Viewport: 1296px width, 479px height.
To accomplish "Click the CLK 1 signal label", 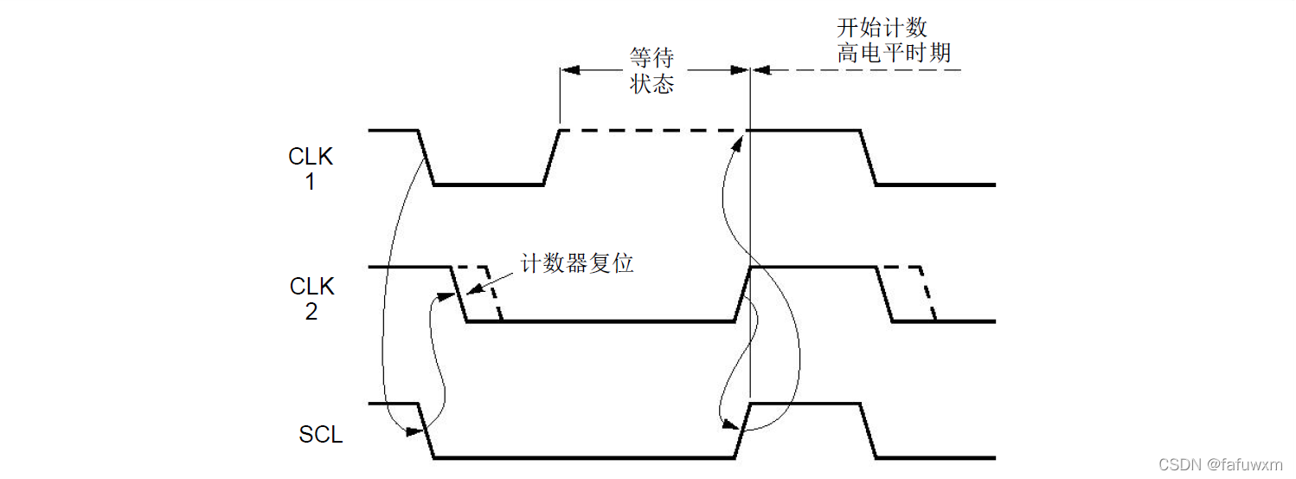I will [311, 170].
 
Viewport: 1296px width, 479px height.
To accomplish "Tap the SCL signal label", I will [321, 435].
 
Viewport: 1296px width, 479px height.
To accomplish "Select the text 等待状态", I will [651, 71].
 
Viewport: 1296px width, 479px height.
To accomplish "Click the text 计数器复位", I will [577, 263].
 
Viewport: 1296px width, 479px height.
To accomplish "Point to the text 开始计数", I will [882, 27].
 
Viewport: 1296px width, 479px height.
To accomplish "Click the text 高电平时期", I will [894, 53].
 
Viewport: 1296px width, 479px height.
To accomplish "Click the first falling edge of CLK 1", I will [426, 158].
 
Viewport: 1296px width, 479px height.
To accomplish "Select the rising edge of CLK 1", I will [552, 158].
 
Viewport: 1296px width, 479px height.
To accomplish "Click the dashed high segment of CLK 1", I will [653, 131].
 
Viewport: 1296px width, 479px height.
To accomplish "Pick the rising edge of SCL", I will [742, 430].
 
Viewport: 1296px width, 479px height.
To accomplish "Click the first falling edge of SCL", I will [426, 430].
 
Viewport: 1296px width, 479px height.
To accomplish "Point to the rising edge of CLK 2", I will [742, 295].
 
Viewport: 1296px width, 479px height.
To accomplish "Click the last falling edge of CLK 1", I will [868, 158].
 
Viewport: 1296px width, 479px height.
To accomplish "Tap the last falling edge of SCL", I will [868, 430].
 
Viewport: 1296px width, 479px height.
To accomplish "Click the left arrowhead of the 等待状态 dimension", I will [568, 70].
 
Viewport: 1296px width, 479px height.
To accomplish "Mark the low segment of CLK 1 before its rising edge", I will [489, 184].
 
